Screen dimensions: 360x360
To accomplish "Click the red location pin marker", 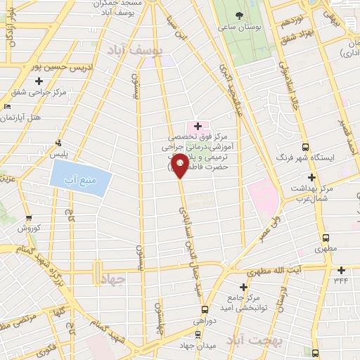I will coord(181,167).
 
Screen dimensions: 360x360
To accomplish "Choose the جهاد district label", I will coord(113,278).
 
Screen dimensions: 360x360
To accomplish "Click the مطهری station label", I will coord(325,249).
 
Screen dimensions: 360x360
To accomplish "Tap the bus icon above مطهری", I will coord(325,238).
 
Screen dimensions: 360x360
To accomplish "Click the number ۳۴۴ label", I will coord(341,281).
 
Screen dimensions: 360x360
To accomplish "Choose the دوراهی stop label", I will coord(205,320).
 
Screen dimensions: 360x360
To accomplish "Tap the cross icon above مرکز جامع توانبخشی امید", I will coord(244,287).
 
